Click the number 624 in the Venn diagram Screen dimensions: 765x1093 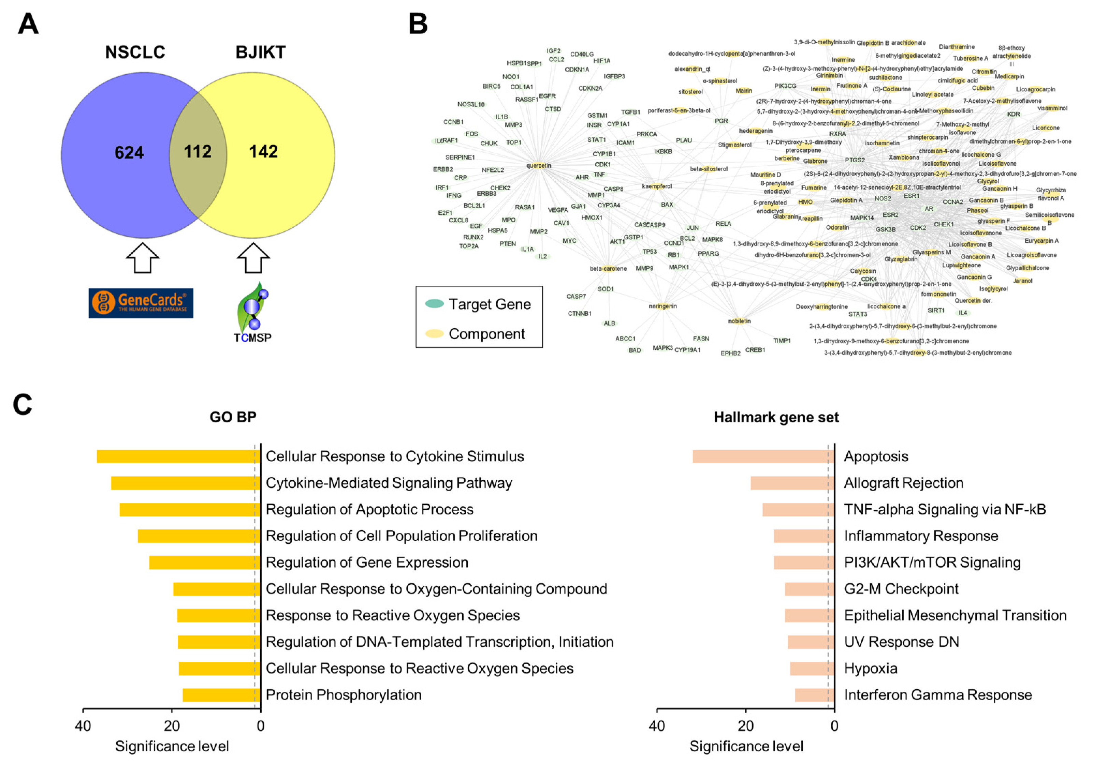pyautogui.click(x=129, y=152)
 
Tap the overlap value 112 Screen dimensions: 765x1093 pyautogui.click(x=198, y=152)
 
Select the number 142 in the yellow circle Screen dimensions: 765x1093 pyautogui.click(x=263, y=152)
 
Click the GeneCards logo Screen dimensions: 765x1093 pyautogui.click(x=141, y=303)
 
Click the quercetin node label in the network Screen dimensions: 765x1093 pyautogui.click(x=538, y=166)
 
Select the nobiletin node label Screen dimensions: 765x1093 pyautogui.click(x=739, y=321)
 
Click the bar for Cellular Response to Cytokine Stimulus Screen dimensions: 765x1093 pyautogui.click(x=178, y=456)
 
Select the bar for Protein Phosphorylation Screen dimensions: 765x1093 pyautogui.click(x=221, y=695)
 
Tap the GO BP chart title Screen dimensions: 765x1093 pyautogui.click(x=233, y=417)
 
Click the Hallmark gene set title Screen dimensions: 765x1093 pyautogui.click(x=776, y=417)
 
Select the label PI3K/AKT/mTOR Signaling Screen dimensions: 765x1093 pyautogui.click(x=932, y=562)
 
